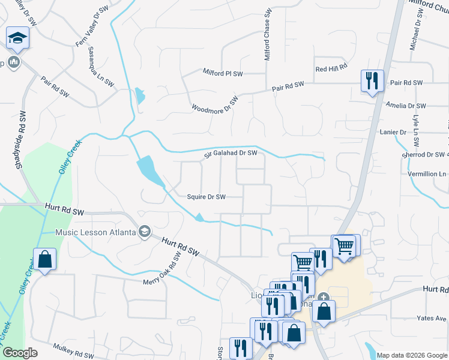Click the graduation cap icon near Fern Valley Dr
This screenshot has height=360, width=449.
click(x=18, y=38)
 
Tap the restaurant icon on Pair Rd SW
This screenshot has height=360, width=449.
click(x=372, y=80)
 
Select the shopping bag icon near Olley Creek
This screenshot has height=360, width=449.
click(x=44, y=260)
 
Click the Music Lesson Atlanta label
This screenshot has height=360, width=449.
click(x=95, y=232)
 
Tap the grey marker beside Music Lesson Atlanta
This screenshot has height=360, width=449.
click(x=144, y=232)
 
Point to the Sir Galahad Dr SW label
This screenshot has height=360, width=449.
click(x=230, y=154)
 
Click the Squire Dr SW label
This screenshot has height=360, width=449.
click(x=206, y=197)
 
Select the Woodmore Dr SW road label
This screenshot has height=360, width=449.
click(x=215, y=104)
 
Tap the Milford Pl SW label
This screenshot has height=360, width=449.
click(x=222, y=73)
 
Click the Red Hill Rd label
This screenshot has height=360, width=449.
click(x=331, y=69)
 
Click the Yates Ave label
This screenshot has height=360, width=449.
click(x=432, y=318)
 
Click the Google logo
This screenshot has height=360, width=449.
click(x=20, y=353)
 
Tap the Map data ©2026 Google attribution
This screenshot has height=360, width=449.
click(x=412, y=355)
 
